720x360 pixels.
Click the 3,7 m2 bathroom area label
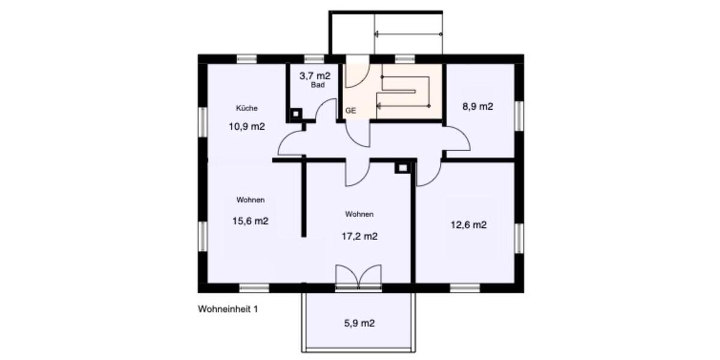[x=315, y=76]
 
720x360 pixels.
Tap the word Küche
[x=247, y=109]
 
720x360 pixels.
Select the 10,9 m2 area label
[x=247, y=127]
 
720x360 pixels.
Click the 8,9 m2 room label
[x=478, y=107]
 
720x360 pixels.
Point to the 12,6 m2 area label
[x=468, y=225]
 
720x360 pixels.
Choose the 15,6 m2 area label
[x=250, y=221]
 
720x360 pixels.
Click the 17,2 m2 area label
[x=359, y=236]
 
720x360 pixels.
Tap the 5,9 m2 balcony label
[x=359, y=323]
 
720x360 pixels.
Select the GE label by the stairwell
[x=350, y=111]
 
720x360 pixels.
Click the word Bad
[x=317, y=86]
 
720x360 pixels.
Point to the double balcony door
[x=358, y=277]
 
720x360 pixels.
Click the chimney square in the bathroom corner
[x=295, y=113]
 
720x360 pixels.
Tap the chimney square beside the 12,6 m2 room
[x=401, y=168]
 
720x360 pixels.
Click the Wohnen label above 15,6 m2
[x=250, y=200]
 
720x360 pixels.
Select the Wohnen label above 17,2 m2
[x=359, y=214]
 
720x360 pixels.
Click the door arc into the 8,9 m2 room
[x=457, y=141]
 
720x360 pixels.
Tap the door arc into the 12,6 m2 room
[x=428, y=174]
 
